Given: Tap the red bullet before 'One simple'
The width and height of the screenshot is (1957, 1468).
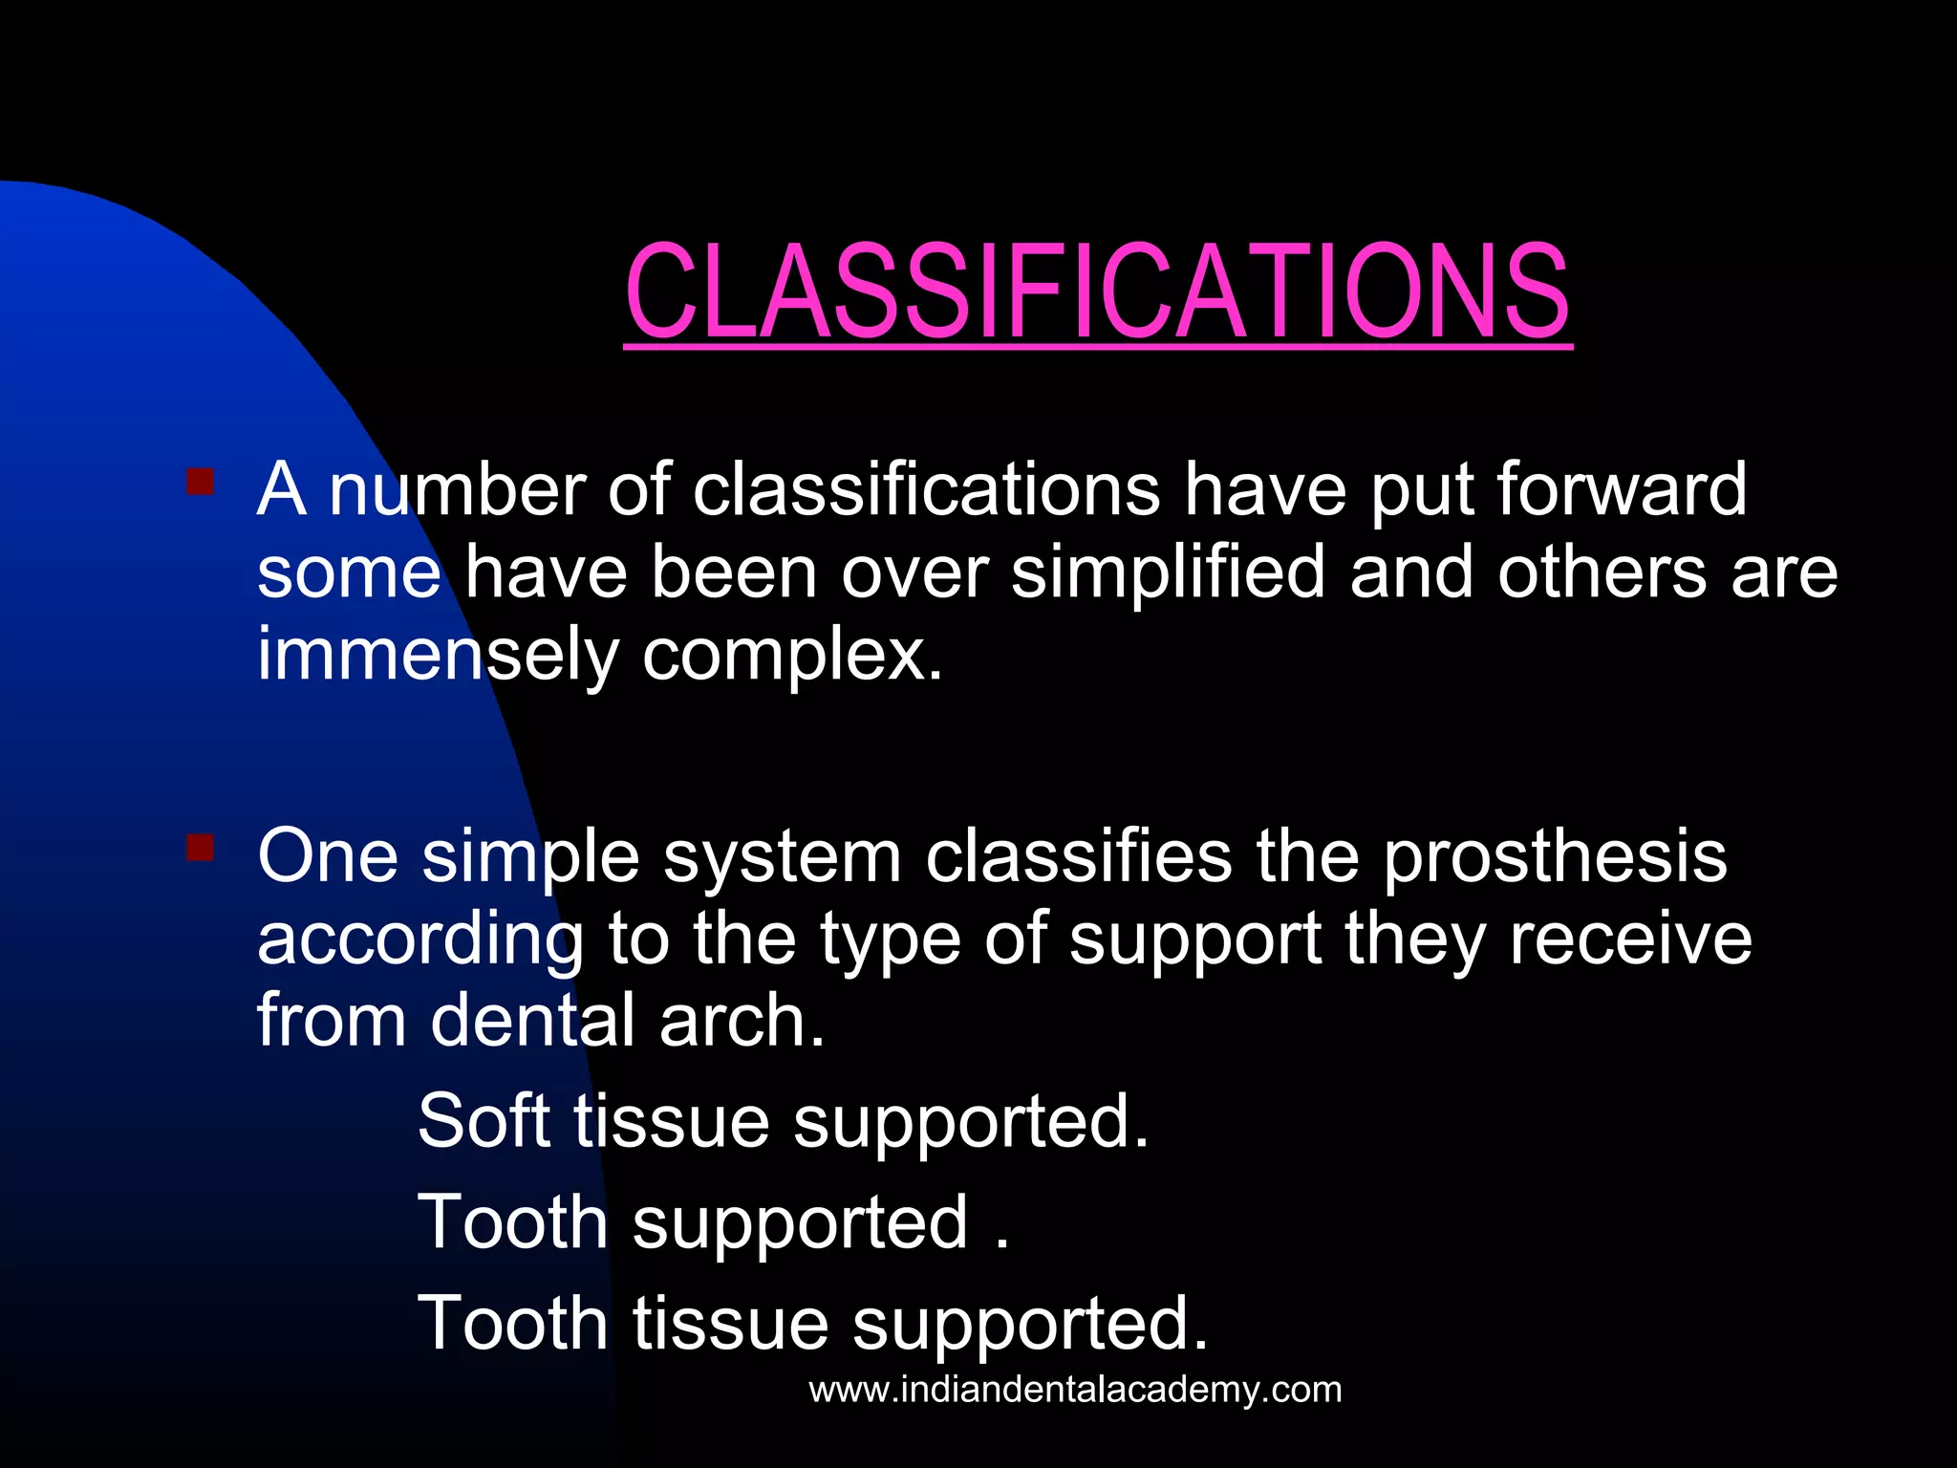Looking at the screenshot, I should (x=200, y=847).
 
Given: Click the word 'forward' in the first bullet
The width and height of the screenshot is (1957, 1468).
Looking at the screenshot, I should (x=1621, y=489).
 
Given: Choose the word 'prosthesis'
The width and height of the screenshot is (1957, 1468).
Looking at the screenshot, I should (x=1555, y=857).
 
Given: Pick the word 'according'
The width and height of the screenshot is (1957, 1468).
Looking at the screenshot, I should (x=419, y=941).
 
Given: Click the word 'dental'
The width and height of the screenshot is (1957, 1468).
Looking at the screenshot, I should (x=532, y=1021).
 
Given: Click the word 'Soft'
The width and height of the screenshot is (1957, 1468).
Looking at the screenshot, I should (x=484, y=1120).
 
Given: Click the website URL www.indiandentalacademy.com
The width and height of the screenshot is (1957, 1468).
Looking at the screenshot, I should (x=1075, y=1389).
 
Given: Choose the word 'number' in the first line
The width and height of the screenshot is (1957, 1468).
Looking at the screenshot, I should (x=457, y=489).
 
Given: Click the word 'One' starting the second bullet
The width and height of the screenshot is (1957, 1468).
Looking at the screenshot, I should (x=328, y=856).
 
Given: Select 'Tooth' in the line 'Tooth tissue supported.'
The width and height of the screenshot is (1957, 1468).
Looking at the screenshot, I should (x=513, y=1323).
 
